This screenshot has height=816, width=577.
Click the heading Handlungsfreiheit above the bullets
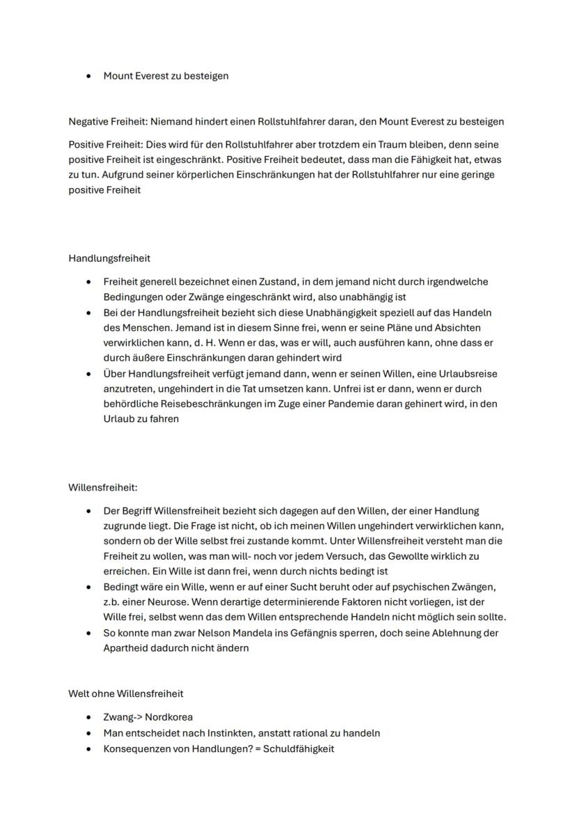(109, 258)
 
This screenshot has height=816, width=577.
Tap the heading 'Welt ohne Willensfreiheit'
(125, 693)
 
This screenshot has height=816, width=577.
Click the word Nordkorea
(169, 716)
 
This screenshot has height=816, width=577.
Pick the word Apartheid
(128, 647)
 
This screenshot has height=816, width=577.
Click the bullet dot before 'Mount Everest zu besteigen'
(89, 76)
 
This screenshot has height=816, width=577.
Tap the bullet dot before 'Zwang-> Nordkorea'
(89, 717)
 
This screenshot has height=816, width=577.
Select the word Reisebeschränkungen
(209, 403)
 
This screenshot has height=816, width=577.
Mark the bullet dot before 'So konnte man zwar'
(89, 633)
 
